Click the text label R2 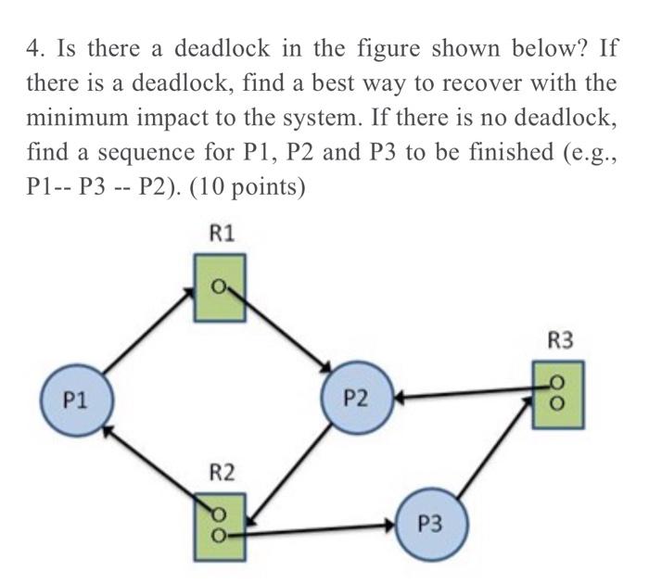click(x=220, y=474)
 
